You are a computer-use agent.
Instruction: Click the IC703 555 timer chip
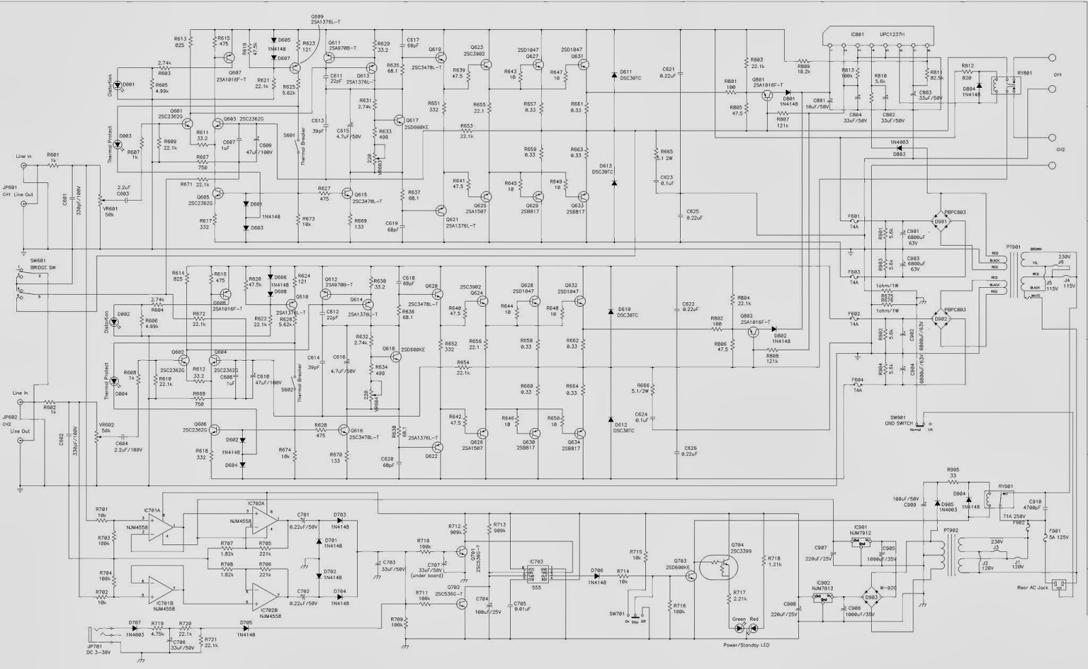(x=536, y=574)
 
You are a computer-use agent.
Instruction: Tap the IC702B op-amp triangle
(x=263, y=595)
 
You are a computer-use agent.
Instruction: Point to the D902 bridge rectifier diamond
(x=940, y=319)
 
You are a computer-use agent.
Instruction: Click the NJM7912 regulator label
(x=860, y=533)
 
